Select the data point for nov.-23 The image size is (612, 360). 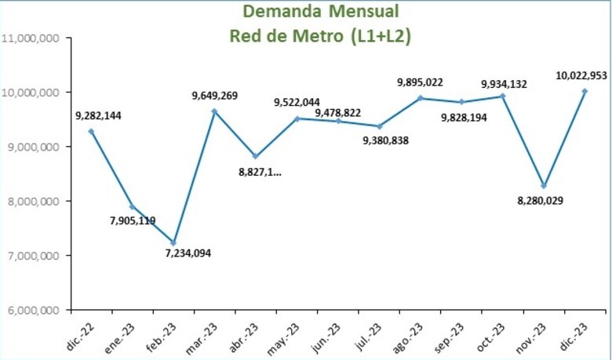[x=543, y=186]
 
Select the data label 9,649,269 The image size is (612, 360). [x=214, y=96]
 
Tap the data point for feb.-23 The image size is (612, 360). [x=173, y=242]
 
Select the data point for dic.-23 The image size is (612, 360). [x=585, y=91]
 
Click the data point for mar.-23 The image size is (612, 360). [x=214, y=111]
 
